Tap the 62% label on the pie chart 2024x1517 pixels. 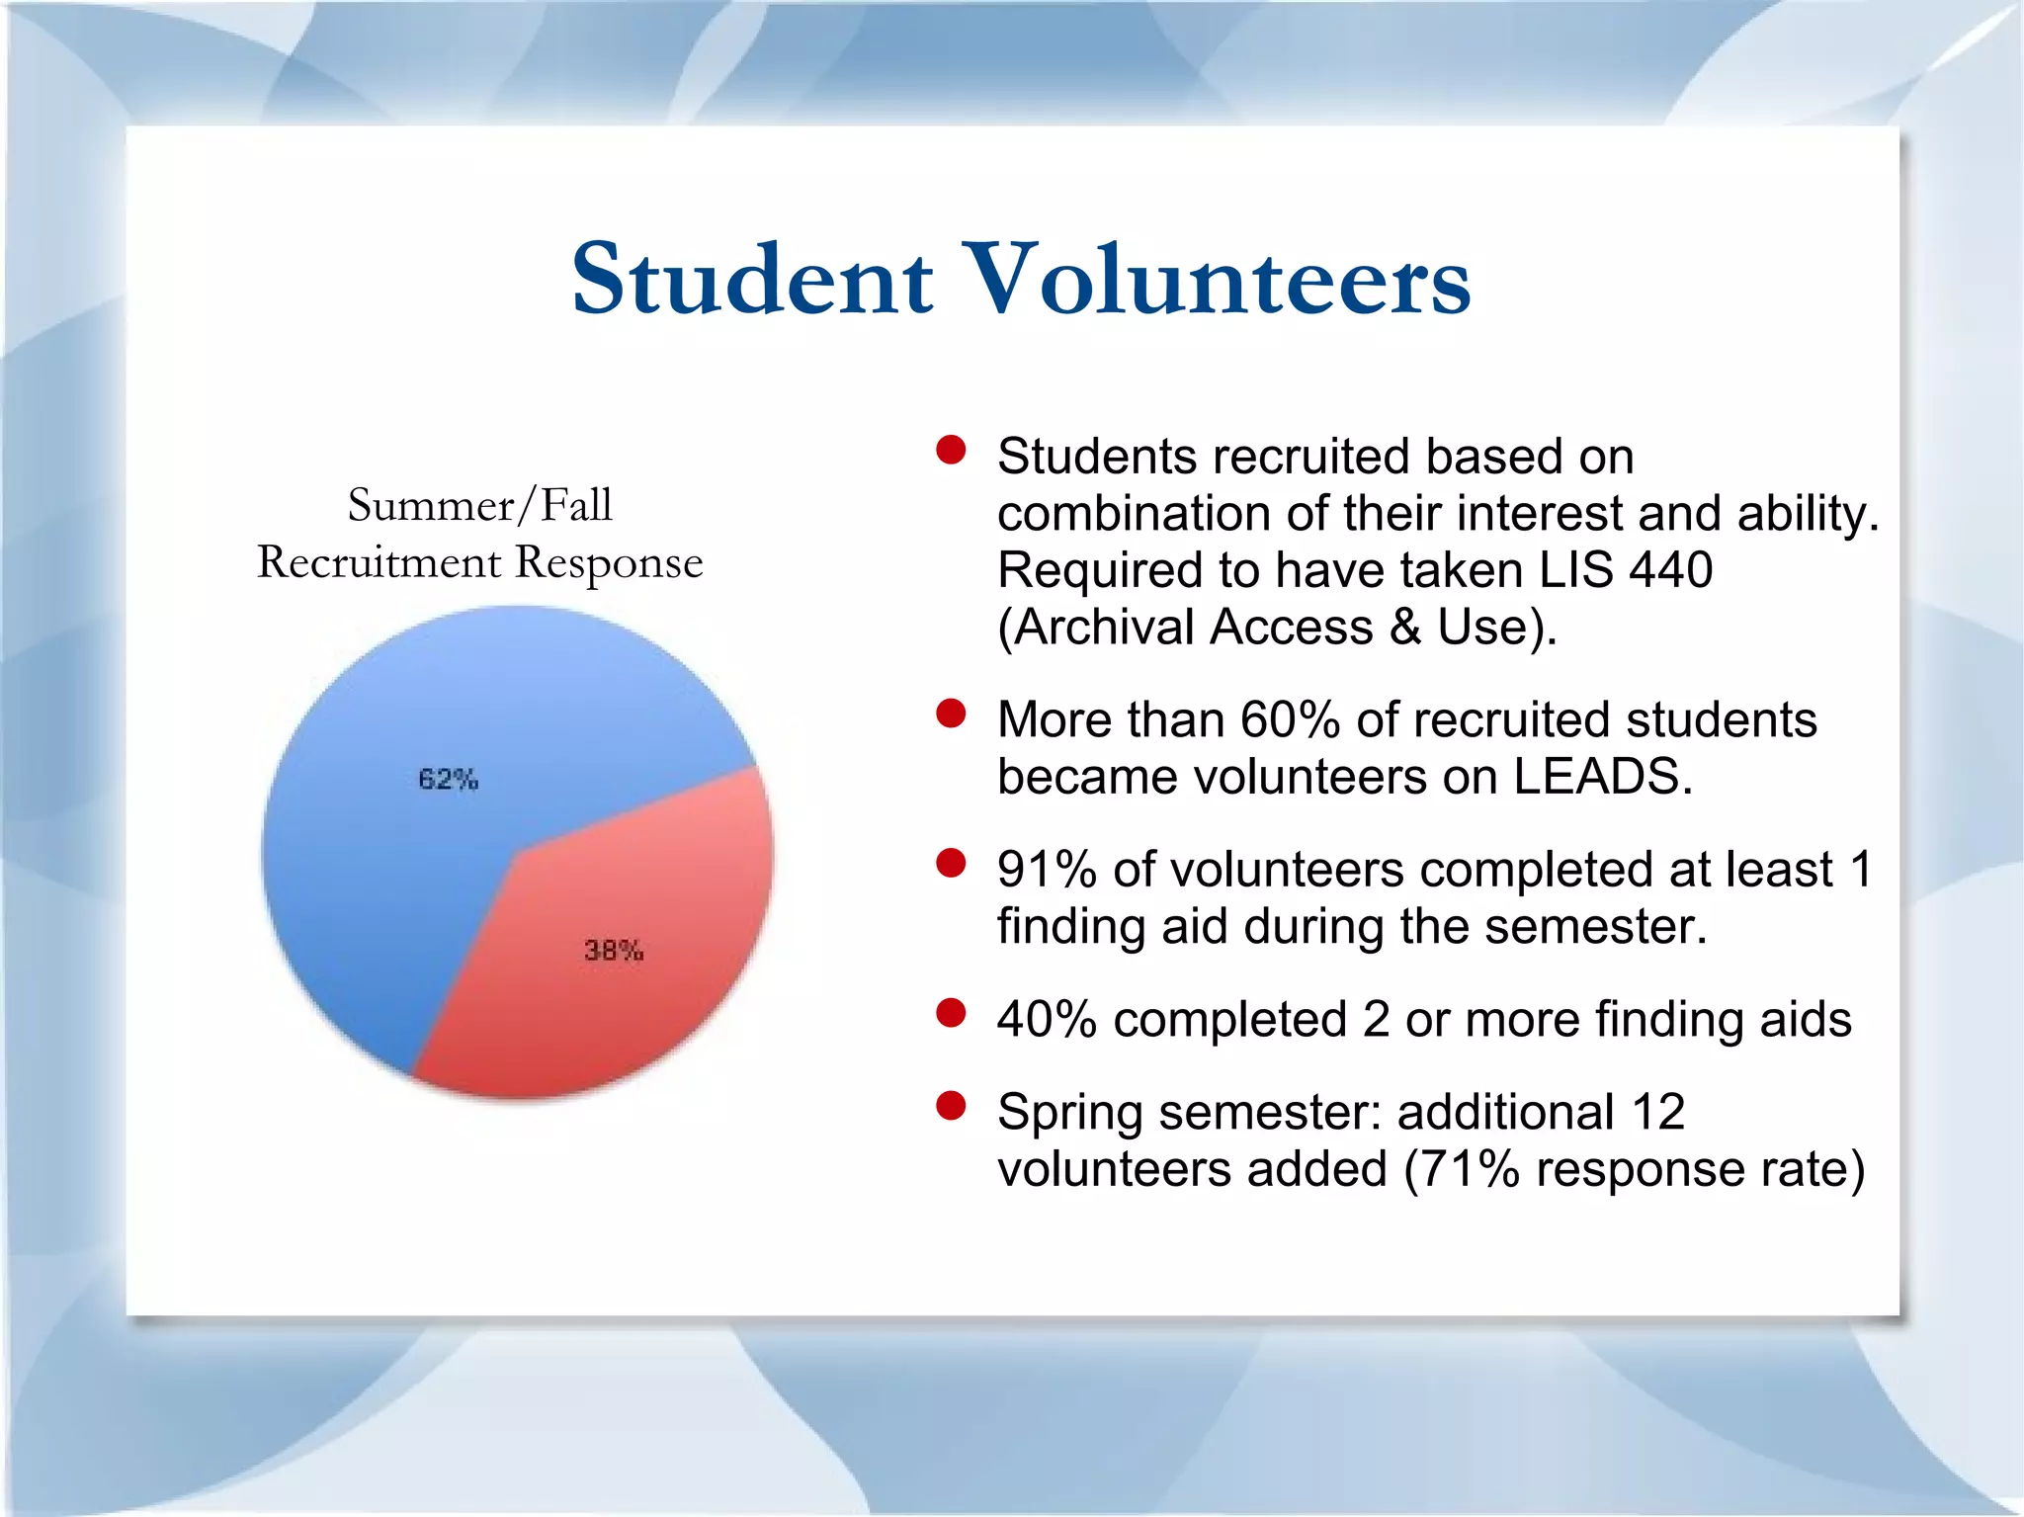point(448,779)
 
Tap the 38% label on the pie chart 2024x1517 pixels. point(614,951)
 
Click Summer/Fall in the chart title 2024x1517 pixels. point(480,506)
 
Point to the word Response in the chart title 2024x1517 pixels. point(609,563)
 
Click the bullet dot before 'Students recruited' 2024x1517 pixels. point(951,451)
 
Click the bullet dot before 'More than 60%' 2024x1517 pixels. point(951,714)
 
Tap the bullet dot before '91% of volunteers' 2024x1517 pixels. point(951,864)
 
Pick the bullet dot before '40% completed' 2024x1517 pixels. point(951,1013)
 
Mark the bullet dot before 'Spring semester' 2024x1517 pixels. point(951,1106)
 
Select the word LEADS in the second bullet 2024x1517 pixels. point(1601,777)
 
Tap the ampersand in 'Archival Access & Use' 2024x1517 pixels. point(1404,628)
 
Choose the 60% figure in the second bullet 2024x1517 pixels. point(1290,719)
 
